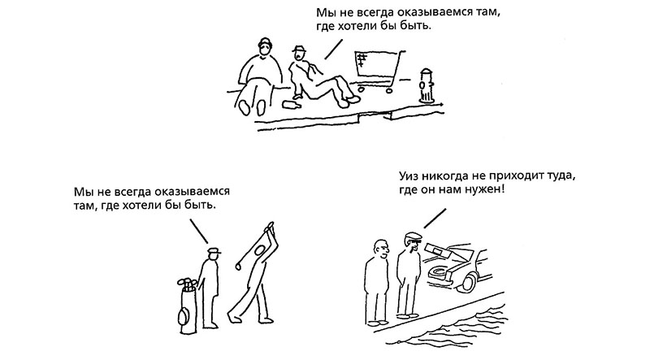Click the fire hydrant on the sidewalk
click(x=426, y=86)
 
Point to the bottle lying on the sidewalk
click(x=292, y=104)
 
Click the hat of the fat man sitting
click(x=265, y=42)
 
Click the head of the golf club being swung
click(x=238, y=266)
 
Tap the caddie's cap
click(x=214, y=250)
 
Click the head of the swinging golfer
click(x=260, y=250)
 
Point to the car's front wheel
click(x=469, y=281)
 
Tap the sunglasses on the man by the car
click(x=416, y=241)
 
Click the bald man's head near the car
click(x=380, y=249)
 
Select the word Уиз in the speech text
click(x=409, y=176)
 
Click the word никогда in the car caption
click(x=446, y=176)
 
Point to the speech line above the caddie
click(x=198, y=231)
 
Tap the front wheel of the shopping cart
click(x=389, y=89)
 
